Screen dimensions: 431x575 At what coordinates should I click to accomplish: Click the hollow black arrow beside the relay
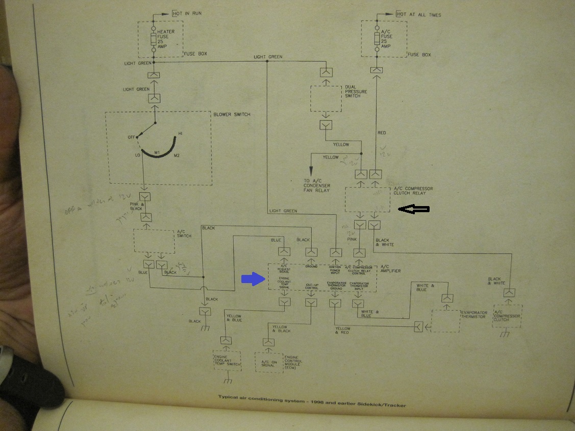(x=414, y=209)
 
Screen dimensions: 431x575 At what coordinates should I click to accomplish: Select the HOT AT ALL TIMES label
(x=419, y=15)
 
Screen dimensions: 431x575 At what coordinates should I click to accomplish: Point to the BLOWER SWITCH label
(x=232, y=114)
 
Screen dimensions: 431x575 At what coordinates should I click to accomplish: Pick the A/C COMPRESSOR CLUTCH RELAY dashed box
(x=367, y=199)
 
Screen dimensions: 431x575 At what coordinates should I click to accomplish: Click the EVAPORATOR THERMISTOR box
(x=445, y=320)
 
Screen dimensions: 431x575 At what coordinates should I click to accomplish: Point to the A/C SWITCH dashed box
(x=154, y=239)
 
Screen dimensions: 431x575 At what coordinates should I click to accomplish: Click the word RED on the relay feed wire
(x=382, y=133)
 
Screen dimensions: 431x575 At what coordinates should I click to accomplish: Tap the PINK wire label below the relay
(x=352, y=238)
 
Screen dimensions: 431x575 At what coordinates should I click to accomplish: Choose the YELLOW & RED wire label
(x=343, y=331)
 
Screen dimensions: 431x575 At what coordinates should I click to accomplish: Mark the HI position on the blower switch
(x=180, y=134)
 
